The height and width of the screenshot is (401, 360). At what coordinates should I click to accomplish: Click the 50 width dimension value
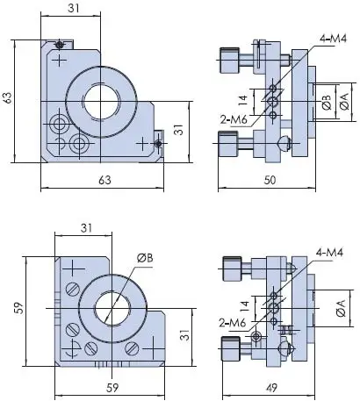point(270,180)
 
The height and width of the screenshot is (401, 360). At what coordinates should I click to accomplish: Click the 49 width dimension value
point(271,388)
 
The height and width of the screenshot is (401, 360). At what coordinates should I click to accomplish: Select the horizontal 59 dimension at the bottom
point(112,388)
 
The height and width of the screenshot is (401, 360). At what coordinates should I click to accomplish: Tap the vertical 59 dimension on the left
point(19,308)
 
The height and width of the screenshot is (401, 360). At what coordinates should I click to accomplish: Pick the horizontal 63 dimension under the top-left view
point(104,180)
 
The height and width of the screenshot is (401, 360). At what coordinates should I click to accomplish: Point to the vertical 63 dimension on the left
point(8,97)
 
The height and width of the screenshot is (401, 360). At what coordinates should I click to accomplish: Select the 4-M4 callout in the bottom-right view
point(329,252)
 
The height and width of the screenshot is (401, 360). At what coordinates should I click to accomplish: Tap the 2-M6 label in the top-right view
point(234,119)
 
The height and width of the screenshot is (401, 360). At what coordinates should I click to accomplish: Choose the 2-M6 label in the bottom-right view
point(233,323)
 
